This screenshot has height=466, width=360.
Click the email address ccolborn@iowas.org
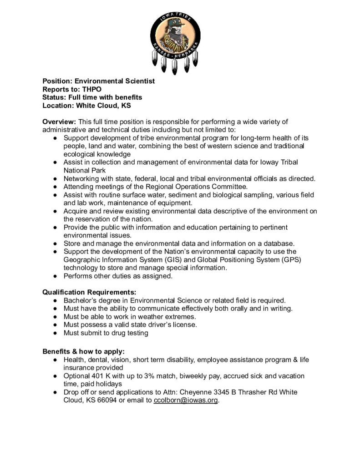(186, 400)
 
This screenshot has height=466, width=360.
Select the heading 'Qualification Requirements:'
(89, 292)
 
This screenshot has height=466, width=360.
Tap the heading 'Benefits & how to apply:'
(83, 351)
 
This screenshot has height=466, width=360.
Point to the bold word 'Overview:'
(59, 122)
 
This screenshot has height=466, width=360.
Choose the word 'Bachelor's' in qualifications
(80, 300)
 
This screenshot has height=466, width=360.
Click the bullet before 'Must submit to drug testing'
(54, 333)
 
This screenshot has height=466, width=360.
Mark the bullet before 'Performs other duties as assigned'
(54, 276)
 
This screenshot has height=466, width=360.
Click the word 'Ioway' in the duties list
(263, 162)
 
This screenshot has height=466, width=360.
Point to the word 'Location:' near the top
(58, 106)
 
